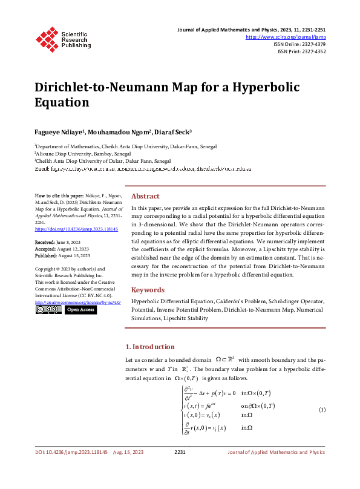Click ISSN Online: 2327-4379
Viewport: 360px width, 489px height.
coord(300,44)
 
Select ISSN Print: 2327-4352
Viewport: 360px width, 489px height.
coord(302,51)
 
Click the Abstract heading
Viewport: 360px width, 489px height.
coord(145,196)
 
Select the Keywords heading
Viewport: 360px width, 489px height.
coord(148,290)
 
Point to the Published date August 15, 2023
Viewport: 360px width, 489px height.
coord(74,255)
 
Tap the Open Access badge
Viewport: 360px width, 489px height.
coord(80,309)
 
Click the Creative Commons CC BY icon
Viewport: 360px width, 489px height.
coord(48,309)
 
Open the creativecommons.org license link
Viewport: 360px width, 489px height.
coord(77,301)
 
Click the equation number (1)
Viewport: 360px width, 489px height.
coord(322,410)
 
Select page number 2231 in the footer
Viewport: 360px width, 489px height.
coord(180,468)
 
